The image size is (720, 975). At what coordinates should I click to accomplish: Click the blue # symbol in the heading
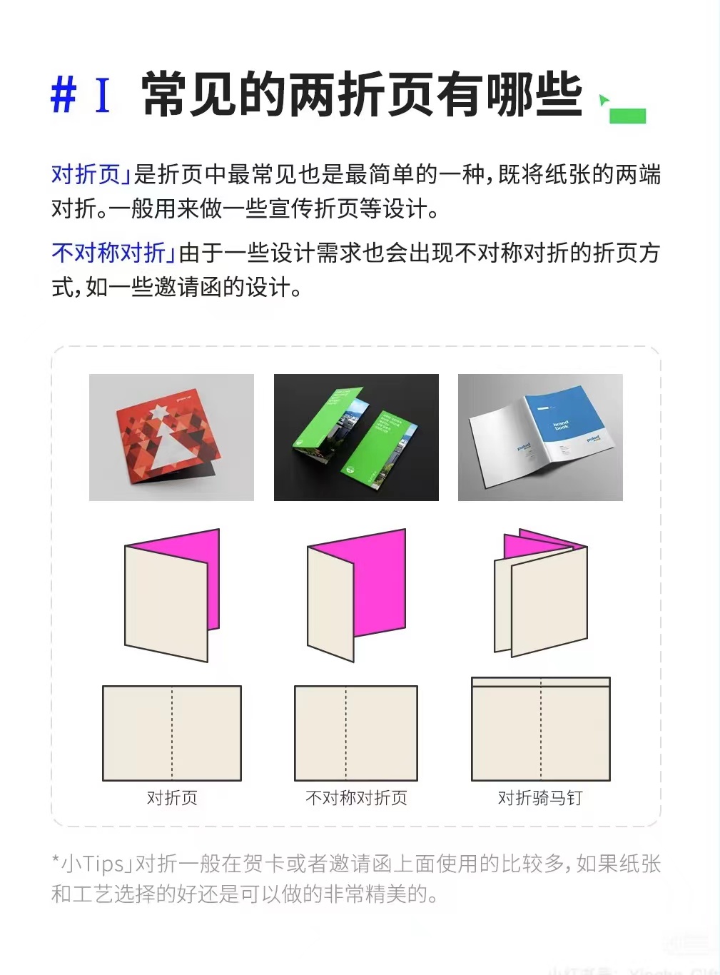[64, 95]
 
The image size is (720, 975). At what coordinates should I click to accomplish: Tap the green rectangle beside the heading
[627, 116]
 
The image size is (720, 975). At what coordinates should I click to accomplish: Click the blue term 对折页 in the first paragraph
[86, 174]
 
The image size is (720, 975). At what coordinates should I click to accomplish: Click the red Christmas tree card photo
[171, 437]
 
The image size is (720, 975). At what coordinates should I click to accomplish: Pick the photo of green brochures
[356, 437]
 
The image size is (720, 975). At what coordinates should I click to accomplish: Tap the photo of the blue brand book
[540, 437]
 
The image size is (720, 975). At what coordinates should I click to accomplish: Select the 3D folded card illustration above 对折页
[171, 595]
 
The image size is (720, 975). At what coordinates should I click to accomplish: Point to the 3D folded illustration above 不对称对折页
[356, 595]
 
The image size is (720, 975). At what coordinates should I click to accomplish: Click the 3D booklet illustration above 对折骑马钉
[540, 594]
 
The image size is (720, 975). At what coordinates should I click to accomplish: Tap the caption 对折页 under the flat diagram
[172, 798]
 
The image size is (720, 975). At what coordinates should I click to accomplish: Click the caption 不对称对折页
[356, 798]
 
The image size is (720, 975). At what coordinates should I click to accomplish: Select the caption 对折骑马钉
[540, 798]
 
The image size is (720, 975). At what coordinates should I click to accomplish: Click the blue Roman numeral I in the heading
[103, 95]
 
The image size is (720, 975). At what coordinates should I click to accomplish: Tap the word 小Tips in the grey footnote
[92, 864]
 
